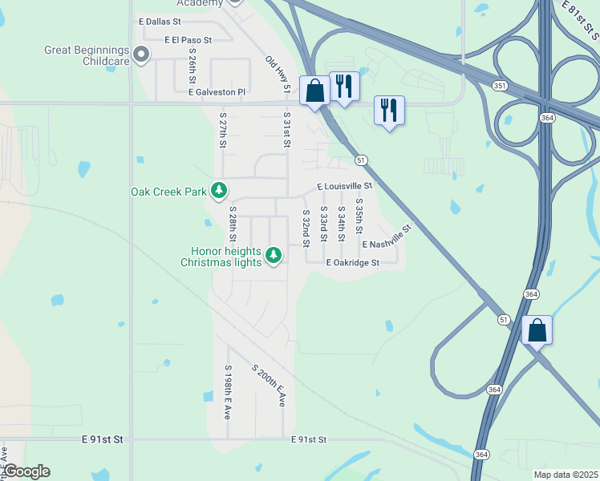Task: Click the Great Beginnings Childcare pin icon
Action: click(141, 55)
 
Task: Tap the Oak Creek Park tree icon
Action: click(219, 191)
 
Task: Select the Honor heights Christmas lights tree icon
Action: click(274, 255)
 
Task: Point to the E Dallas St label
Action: click(160, 21)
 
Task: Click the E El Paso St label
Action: click(189, 39)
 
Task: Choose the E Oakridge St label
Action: click(352, 262)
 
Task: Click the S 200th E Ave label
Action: click(269, 386)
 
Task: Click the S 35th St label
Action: click(359, 216)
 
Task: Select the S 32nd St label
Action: click(306, 228)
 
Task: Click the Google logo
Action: click(26, 471)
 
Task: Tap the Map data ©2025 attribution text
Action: click(566, 475)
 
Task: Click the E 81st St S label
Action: click(580, 20)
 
